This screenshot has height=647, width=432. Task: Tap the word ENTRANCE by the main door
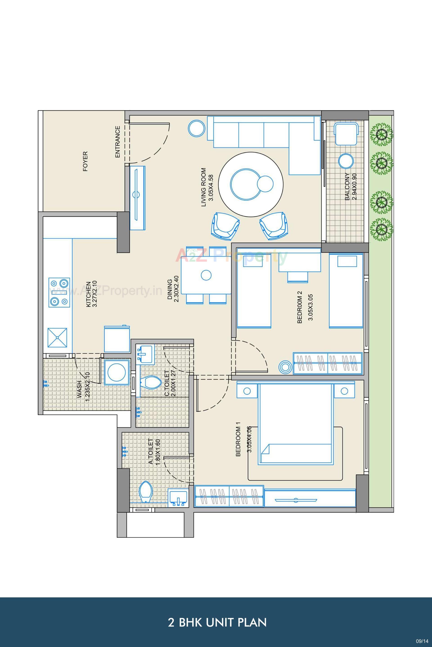(x=118, y=142)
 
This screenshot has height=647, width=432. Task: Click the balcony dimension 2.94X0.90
(x=354, y=187)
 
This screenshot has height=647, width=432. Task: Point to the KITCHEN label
(x=88, y=294)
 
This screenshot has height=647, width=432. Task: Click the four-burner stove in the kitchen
(x=59, y=292)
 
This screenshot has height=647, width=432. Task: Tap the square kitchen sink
(x=57, y=337)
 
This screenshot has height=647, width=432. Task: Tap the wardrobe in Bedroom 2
(x=327, y=363)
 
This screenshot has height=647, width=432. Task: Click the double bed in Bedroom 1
(x=295, y=424)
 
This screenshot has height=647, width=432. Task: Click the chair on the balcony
(x=346, y=134)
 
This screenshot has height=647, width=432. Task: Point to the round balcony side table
(x=346, y=161)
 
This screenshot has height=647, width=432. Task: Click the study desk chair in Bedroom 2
(x=297, y=277)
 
